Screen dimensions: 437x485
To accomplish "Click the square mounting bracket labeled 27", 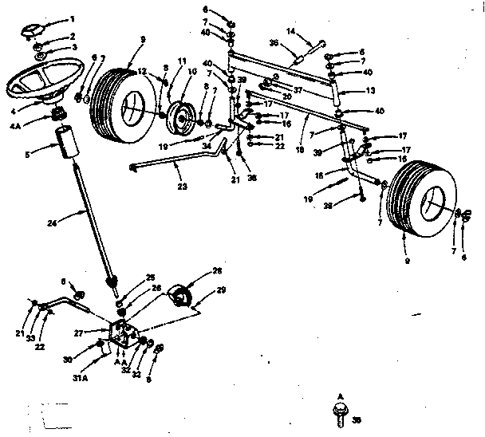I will pos(124,336).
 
